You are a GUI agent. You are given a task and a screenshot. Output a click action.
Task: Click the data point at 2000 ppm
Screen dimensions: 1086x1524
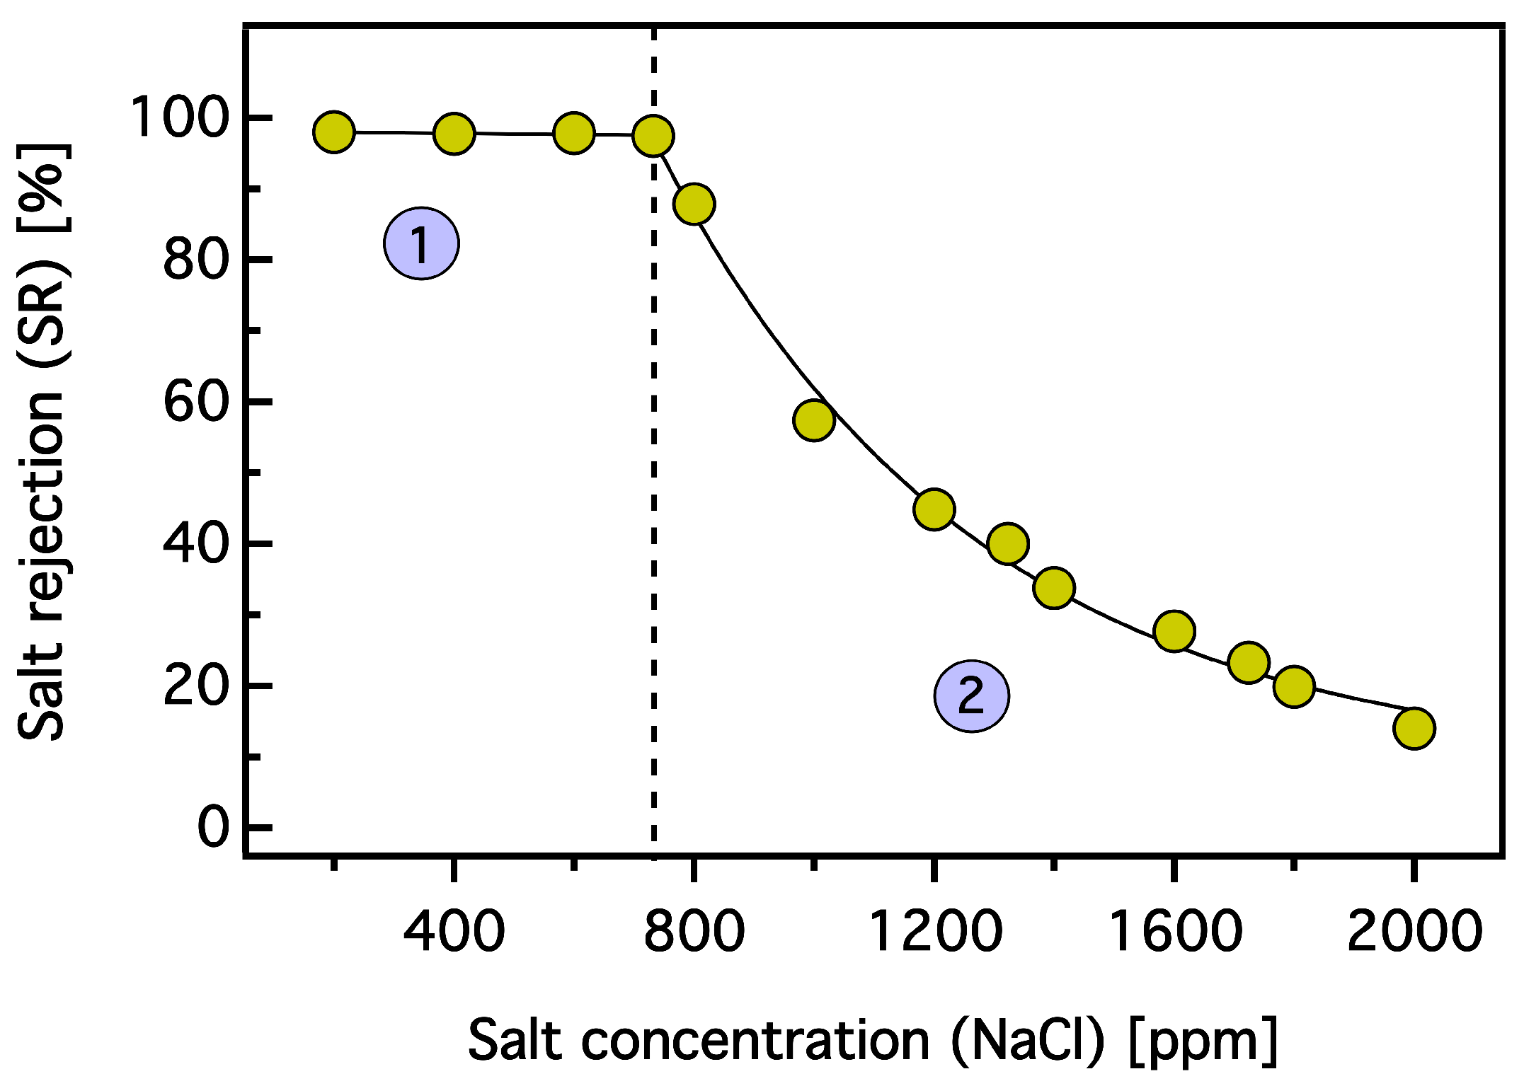[x=1414, y=728]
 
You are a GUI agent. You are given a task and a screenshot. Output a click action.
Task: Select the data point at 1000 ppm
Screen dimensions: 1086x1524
[x=814, y=420]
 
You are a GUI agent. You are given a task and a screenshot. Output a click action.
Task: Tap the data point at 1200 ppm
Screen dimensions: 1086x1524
[x=934, y=509]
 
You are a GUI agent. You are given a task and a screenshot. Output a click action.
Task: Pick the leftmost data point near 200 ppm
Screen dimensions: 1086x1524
[x=334, y=132]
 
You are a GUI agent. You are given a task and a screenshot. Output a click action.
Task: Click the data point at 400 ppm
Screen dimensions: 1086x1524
[x=454, y=133]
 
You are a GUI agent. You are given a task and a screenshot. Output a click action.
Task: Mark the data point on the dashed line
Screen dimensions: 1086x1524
[x=653, y=136]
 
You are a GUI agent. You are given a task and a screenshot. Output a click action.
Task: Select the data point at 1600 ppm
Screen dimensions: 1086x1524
[x=1174, y=631]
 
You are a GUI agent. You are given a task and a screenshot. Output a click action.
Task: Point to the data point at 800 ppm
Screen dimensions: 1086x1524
[x=694, y=204]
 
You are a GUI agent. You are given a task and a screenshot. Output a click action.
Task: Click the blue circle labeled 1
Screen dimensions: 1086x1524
[x=422, y=243]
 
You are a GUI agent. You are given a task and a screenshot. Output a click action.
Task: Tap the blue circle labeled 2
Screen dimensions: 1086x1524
[x=971, y=696]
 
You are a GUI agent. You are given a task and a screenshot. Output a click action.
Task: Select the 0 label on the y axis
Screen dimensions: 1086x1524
[x=213, y=827]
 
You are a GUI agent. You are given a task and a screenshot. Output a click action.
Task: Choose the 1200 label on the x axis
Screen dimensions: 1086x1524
[x=934, y=931]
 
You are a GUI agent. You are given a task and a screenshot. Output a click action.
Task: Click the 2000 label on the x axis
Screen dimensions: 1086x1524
[x=1414, y=931]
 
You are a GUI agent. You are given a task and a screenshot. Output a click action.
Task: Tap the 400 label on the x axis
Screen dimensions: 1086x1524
[x=454, y=931]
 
